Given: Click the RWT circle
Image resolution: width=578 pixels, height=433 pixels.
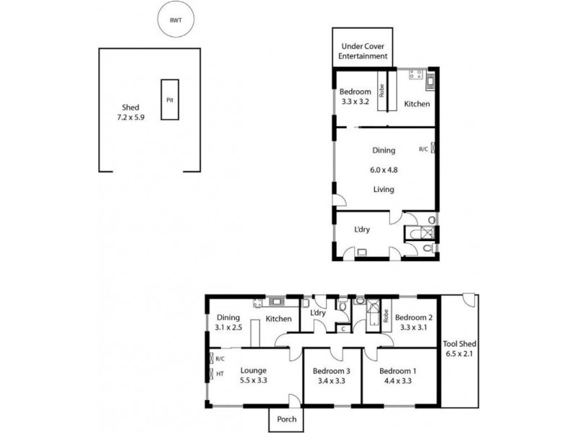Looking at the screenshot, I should click(176, 21).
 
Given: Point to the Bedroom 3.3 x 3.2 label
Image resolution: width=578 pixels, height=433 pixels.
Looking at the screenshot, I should click(355, 96).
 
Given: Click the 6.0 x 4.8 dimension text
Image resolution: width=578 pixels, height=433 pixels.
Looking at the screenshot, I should click(384, 170).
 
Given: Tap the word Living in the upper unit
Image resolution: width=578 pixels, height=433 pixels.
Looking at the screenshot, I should click(383, 189).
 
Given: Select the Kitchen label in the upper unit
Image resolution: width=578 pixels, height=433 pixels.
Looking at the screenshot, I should click(417, 104).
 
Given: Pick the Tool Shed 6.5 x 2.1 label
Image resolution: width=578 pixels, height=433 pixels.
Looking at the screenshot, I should click(459, 348).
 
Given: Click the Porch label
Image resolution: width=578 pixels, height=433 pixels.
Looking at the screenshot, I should click(287, 419).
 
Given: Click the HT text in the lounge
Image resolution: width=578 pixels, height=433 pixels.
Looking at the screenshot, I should click(220, 373).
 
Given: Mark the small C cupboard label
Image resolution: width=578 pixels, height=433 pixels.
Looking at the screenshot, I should click(342, 329).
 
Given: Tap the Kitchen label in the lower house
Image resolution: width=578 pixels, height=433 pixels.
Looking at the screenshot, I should click(278, 318).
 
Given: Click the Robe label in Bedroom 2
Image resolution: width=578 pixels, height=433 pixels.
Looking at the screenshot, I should click(387, 315).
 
